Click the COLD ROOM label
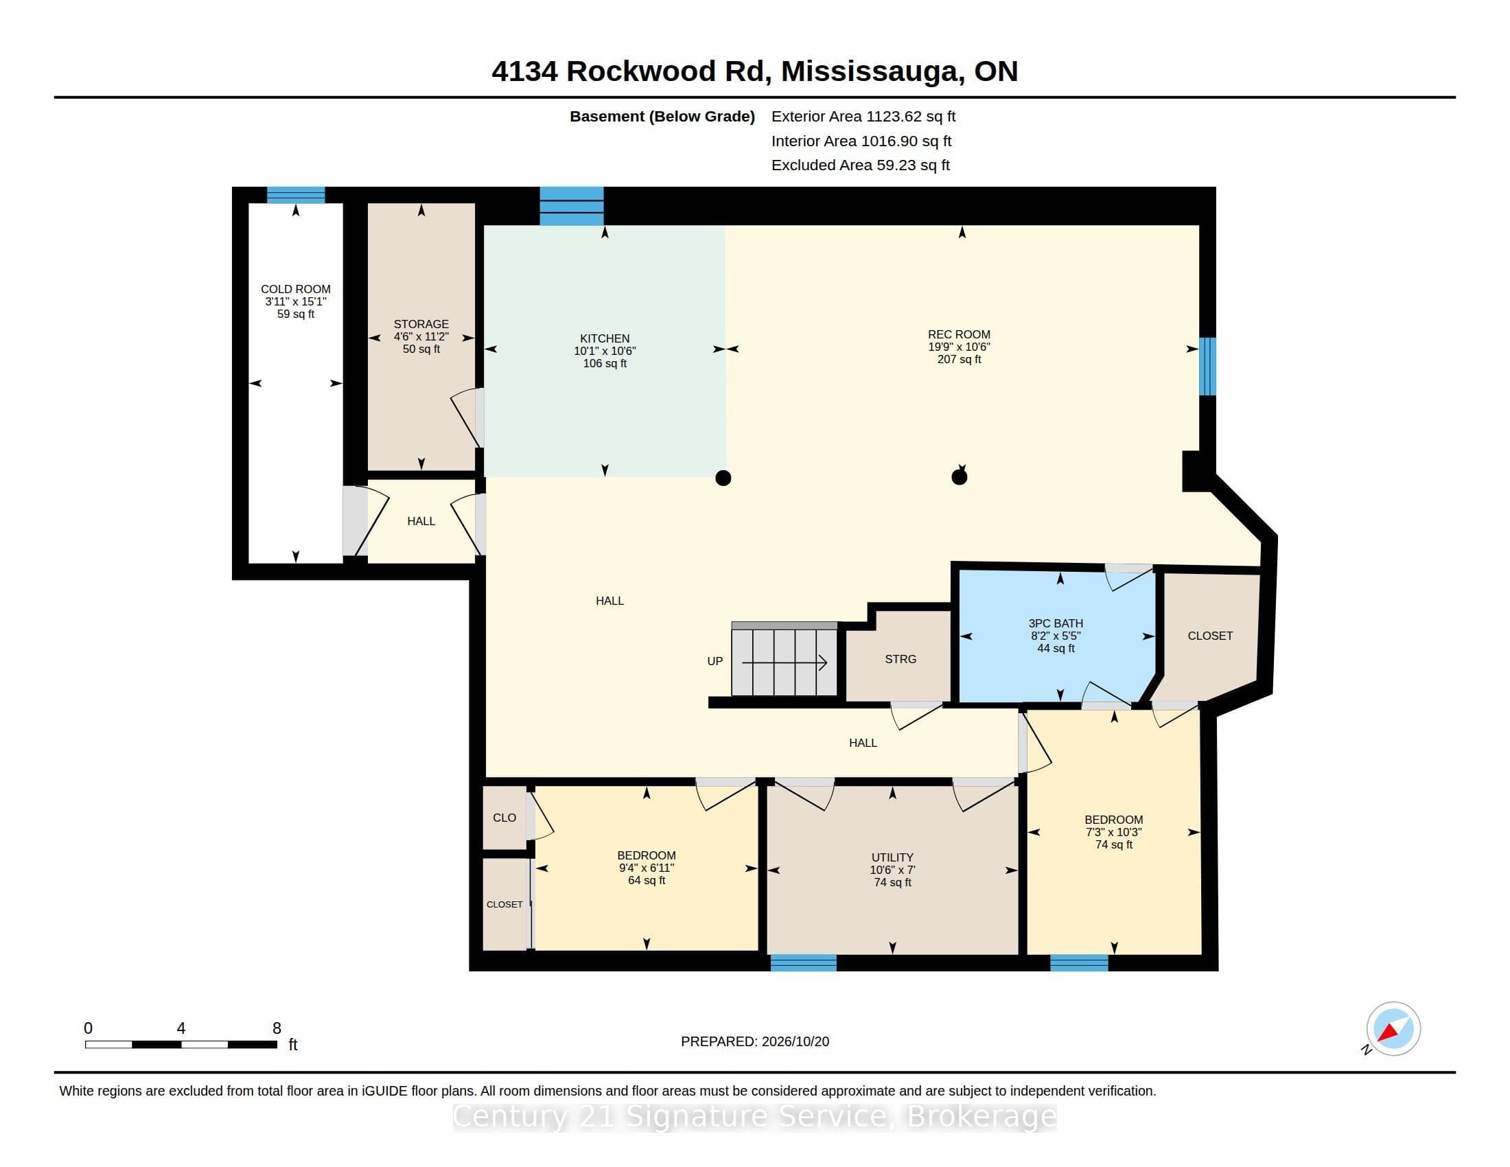pyautogui.click(x=295, y=289)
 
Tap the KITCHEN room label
pyautogui.click(x=604, y=338)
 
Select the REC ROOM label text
pyautogui.click(x=959, y=334)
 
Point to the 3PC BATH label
pyautogui.click(x=1056, y=623)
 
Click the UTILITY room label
pyautogui.click(x=892, y=857)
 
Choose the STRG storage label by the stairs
pyautogui.click(x=901, y=659)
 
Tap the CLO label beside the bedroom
pyautogui.click(x=504, y=817)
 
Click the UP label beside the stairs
pyautogui.click(x=715, y=661)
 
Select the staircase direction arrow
pyautogui.click(x=784, y=662)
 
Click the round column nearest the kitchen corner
pyautogui.click(x=723, y=478)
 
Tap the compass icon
pyautogui.click(x=1393, y=1029)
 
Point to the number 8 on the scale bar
pyautogui.click(x=277, y=1028)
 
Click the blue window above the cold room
pyautogui.click(x=296, y=195)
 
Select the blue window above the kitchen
pyautogui.click(x=571, y=206)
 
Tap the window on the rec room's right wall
pyautogui.click(x=1207, y=367)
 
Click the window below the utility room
pyautogui.click(x=804, y=963)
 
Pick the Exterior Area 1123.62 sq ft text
pyautogui.click(x=863, y=116)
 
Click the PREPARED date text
pyautogui.click(x=755, y=1041)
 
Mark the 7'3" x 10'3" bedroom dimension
pyautogui.click(x=1113, y=833)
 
